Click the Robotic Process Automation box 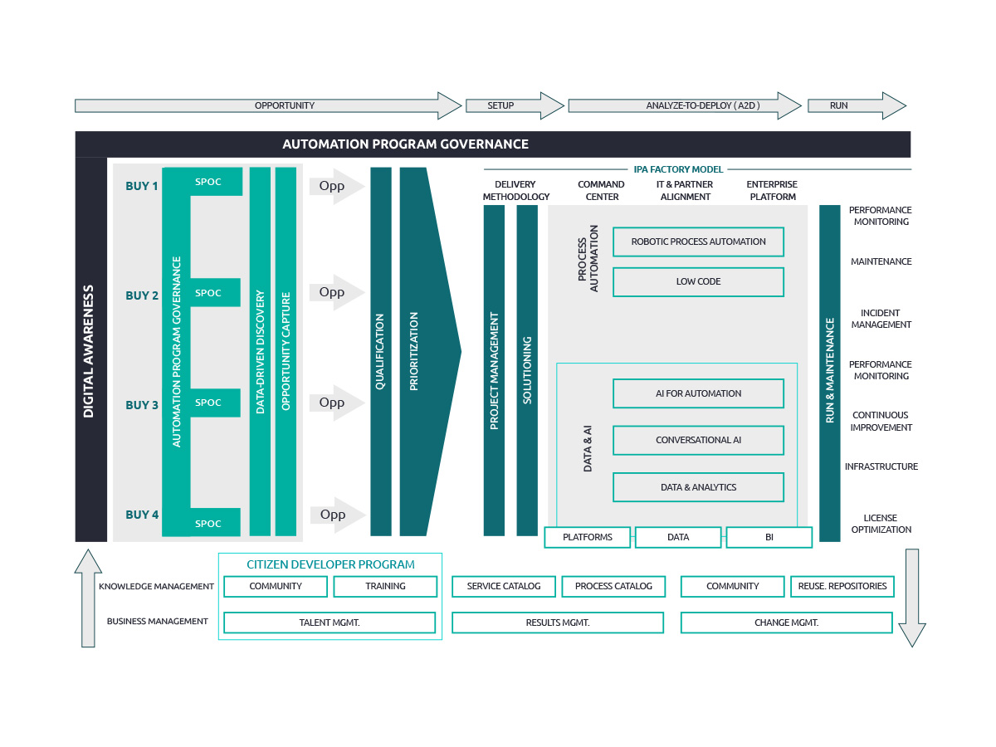[698, 242]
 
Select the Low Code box [698, 281]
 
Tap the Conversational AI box [698, 440]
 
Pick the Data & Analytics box [698, 487]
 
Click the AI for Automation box [698, 393]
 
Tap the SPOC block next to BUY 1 [208, 182]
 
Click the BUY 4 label [142, 515]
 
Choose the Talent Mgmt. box [330, 622]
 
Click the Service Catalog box [504, 586]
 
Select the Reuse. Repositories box [842, 586]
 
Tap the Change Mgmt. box [786, 622]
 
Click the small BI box [769, 537]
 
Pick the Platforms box [587, 537]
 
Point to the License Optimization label [881, 524]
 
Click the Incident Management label [881, 319]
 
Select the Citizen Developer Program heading [330, 564]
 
